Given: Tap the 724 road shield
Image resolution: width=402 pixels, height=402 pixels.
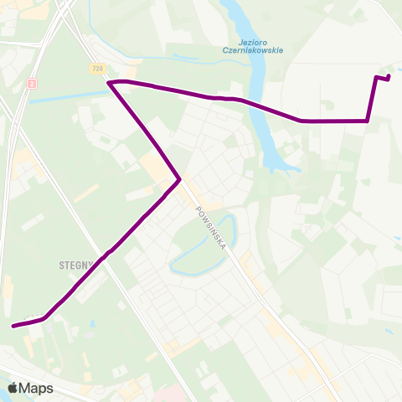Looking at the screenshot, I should [98, 67].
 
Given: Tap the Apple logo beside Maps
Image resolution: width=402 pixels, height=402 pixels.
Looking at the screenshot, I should [13, 388].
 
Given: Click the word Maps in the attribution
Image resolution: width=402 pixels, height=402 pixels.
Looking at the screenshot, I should [37, 388].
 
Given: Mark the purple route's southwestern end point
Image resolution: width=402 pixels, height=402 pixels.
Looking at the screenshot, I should [13, 326].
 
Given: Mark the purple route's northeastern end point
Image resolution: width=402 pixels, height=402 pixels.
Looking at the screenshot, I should [389, 78].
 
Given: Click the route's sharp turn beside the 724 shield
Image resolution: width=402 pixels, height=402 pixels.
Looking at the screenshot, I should [111, 82].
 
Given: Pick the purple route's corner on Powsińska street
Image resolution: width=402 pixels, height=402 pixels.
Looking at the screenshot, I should [179, 178].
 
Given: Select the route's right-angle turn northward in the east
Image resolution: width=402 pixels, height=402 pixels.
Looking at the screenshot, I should [368, 121].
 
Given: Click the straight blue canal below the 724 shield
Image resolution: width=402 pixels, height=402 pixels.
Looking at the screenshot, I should [67, 96].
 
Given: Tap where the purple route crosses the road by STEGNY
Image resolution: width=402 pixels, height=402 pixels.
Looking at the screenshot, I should [104, 255].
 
